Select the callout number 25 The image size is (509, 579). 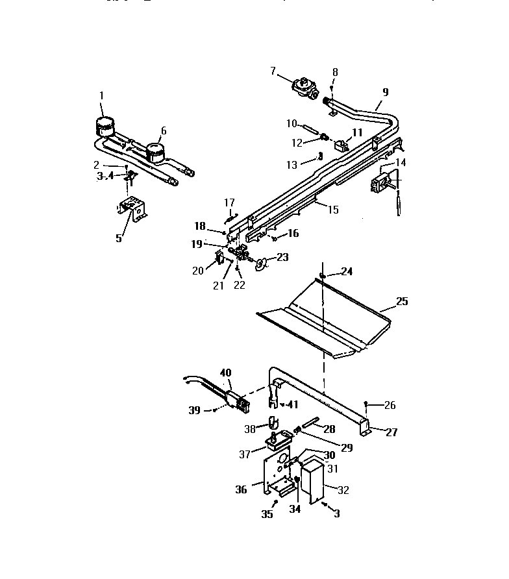pos(403,302)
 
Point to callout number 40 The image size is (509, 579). pos(225,373)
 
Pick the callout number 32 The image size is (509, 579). pos(343,490)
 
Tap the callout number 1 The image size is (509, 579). pos(101,96)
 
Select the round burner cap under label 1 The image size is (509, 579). pos(104,125)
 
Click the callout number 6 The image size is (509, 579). pos(164,130)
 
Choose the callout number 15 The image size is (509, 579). pos(334,210)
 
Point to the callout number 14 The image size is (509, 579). pos(401,162)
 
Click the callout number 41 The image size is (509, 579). pos(293,404)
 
